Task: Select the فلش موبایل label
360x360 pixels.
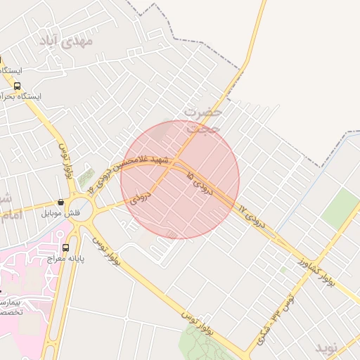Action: (61, 212)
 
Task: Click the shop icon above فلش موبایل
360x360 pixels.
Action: (61, 202)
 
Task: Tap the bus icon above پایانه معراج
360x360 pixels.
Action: (66, 247)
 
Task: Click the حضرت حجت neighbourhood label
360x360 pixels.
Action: (203, 120)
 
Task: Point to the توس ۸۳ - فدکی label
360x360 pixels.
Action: (274, 320)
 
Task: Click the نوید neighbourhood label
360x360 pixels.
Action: (330, 347)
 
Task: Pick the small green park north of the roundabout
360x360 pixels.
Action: (86, 179)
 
